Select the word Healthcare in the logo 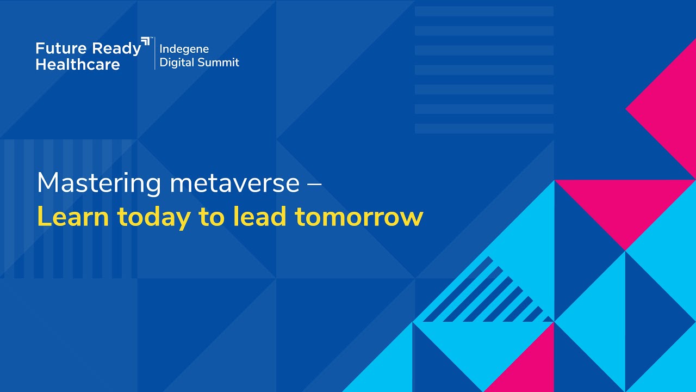(x=78, y=64)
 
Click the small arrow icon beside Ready (x=145, y=42)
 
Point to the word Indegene (x=184, y=49)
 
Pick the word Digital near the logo (x=177, y=63)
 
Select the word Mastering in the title (x=99, y=183)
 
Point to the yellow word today (x=154, y=217)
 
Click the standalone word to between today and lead (x=212, y=217)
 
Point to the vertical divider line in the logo (x=154, y=53)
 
